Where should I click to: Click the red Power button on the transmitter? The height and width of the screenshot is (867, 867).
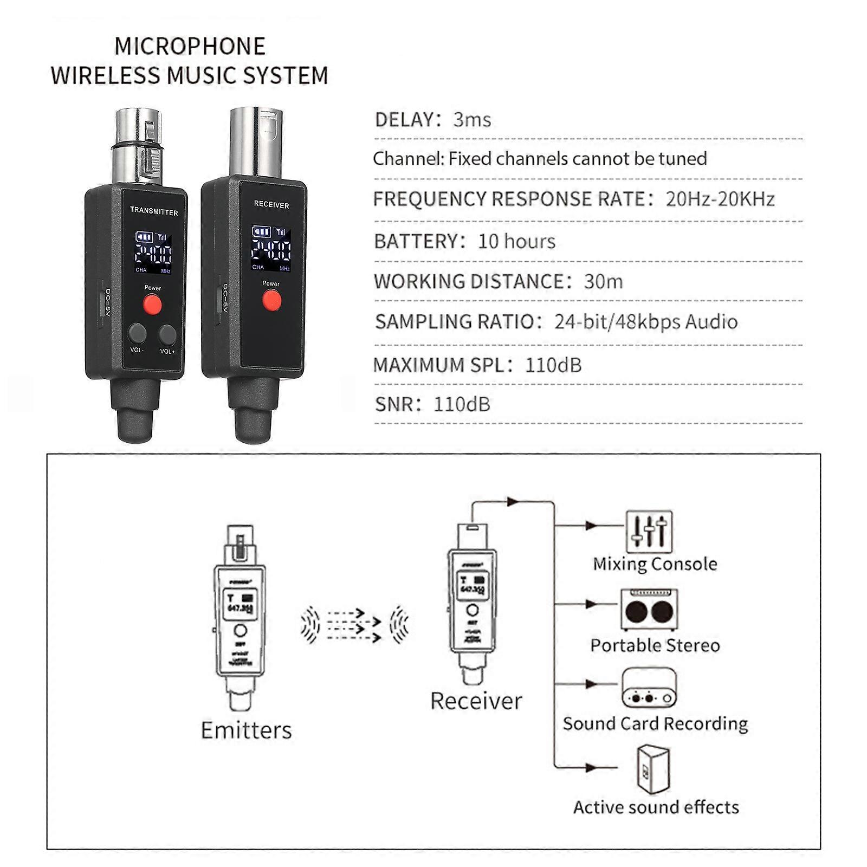pyautogui.click(x=152, y=306)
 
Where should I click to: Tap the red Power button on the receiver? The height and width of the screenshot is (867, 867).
pyautogui.click(x=271, y=300)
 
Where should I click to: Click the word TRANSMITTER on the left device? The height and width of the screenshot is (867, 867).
pyautogui.click(x=154, y=212)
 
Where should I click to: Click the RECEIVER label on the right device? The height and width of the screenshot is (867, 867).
pyautogui.click(x=271, y=205)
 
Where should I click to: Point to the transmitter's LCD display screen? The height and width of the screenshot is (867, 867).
pyautogui.click(x=153, y=253)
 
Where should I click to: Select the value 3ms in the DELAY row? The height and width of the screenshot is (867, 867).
pyautogui.click(x=472, y=120)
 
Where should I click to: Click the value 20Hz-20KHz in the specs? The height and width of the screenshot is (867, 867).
pyautogui.click(x=720, y=199)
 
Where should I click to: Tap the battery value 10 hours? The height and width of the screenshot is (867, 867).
pyautogui.click(x=516, y=241)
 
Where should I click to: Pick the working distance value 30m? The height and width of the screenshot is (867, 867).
pyautogui.click(x=603, y=282)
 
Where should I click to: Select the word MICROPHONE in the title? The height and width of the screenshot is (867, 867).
pyautogui.click(x=190, y=47)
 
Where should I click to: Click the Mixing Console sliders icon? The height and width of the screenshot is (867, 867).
pyautogui.click(x=649, y=532)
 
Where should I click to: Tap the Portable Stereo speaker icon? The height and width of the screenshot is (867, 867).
pyautogui.click(x=649, y=610)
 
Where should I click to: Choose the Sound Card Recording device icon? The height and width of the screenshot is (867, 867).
pyautogui.click(x=649, y=688)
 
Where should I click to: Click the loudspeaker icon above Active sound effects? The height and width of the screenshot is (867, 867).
pyautogui.click(x=653, y=770)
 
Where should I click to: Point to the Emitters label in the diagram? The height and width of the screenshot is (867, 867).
pyautogui.click(x=246, y=730)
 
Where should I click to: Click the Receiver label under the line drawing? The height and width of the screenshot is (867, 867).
pyautogui.click(x=476, y=701)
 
